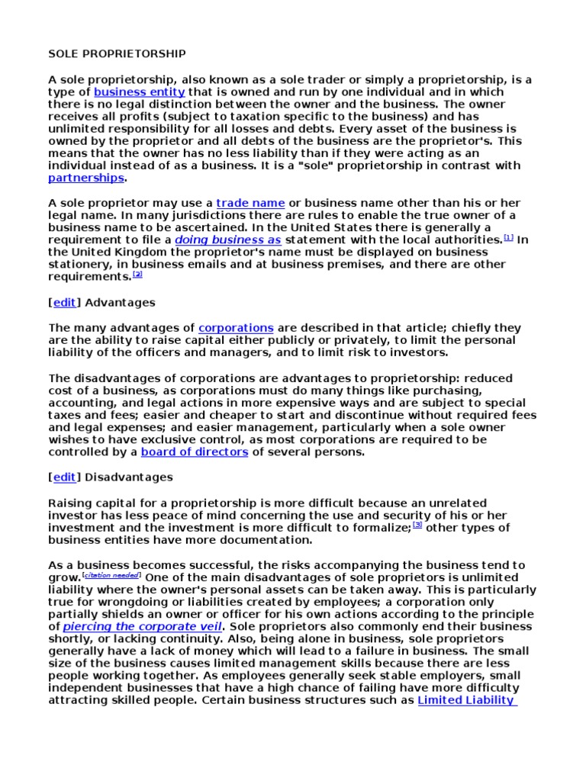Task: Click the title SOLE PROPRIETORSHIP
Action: pos(117,54)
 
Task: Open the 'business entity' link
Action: pos(139,92)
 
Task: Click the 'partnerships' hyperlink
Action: pos(85,178)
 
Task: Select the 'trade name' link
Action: pos(250,203)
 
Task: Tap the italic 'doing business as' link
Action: pos(228,239)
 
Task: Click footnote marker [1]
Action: pos(509,237)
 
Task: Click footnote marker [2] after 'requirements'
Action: pos(137,274)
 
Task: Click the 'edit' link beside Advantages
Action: pos(64,302)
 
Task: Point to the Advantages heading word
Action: pos(120,302)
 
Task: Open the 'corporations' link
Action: pos(236,328)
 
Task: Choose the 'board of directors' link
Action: pos(195,452)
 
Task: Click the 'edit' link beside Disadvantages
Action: pos(64,477)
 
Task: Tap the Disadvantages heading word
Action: pos(129,477)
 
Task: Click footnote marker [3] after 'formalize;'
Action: pos(417,525)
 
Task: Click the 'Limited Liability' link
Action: pos(466,699)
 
